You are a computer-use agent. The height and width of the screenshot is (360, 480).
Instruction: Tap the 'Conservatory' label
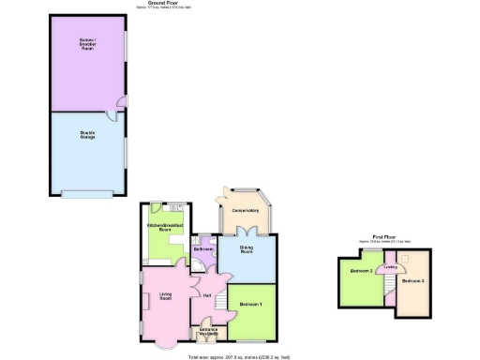(245, 209)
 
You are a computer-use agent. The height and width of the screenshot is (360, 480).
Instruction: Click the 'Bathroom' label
(202, 249)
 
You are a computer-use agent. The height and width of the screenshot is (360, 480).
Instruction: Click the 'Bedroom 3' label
(412, 281)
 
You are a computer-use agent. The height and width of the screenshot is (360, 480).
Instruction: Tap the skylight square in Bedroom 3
(406, 258)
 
